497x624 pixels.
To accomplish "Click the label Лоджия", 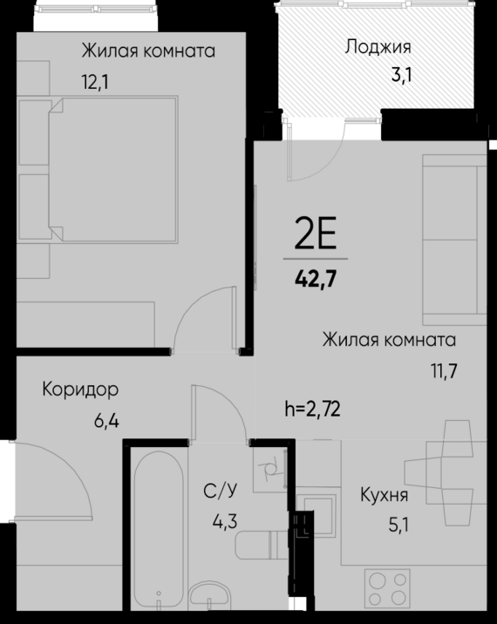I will (x=378, y=47).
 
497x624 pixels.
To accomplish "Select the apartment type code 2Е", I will (x=315, y=234).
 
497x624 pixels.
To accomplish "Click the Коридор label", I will (x=80, y=389).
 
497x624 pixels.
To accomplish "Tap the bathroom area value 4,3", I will (x=226, y=523).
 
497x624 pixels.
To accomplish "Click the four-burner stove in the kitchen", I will (x=387, y=588).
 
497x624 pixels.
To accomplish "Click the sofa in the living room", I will (x=453, y=237).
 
